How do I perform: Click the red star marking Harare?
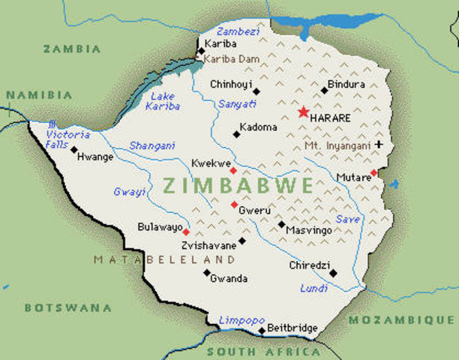tap(303, 112)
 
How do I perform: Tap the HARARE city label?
tap(332, 118)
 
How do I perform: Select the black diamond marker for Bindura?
tap(325, 90)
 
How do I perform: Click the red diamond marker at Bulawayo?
tap(186, 232)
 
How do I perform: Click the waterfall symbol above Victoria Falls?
tap(51, 124)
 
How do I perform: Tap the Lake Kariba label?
tap(165, 101)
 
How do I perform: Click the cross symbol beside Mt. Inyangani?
tap(379, 144)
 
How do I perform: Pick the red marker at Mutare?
tap(373, 173)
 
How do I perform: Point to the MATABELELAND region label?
tap(164, 259)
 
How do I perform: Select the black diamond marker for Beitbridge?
tap(262, 330)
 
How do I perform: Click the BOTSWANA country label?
tap(67, 307)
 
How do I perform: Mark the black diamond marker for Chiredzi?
tap(333, 273)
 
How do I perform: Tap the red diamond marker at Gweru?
tap(234, 204)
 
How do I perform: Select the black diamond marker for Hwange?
tap(73, 149)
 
